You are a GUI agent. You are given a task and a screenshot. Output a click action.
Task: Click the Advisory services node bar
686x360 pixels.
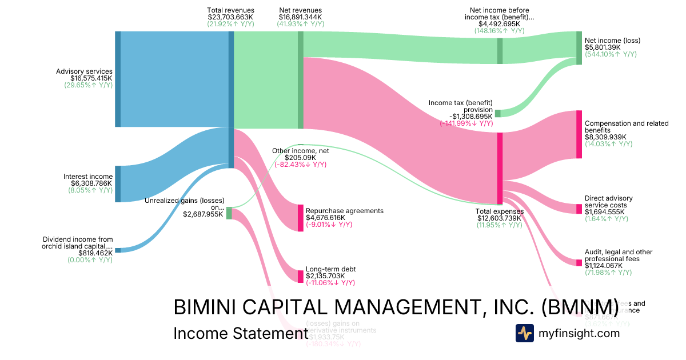click(118, 79)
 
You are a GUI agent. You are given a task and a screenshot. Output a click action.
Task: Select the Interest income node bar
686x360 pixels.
click(118, 183)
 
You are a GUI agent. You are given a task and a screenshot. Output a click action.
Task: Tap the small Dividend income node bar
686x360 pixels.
click(118, 250)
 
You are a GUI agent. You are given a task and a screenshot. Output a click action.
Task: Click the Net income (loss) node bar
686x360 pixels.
click(579, 48)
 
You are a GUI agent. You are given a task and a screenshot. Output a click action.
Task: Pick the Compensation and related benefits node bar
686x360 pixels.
click(579, 134)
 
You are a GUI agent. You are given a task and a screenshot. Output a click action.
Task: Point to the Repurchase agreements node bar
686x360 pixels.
click(301, 218)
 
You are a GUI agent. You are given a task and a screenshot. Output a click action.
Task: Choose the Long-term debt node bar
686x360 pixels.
click(301, 276)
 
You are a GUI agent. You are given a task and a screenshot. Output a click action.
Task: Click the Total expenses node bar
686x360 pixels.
click(500, 168)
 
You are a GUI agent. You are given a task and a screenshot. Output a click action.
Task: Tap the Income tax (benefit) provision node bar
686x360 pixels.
click(497, 113)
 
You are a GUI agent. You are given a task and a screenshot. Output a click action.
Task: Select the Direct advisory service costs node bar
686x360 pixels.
click(579, 209)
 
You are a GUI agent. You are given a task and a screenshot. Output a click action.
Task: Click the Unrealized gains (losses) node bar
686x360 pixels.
click(229, 213)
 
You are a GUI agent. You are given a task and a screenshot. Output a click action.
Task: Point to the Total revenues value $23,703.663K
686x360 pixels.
click(230, 17)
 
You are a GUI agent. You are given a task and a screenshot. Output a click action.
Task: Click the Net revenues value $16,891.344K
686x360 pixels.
click(301, 17)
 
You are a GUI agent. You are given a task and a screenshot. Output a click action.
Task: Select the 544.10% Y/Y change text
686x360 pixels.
click(610, 54)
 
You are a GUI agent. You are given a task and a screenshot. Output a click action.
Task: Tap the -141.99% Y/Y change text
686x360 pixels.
click(466, 123)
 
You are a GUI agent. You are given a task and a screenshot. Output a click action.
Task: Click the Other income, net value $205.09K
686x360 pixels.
click(300, 158)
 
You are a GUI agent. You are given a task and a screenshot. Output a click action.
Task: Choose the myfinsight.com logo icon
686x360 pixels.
click(524, 333)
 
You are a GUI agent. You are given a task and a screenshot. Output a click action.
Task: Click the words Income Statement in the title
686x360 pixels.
click(237, 334)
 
